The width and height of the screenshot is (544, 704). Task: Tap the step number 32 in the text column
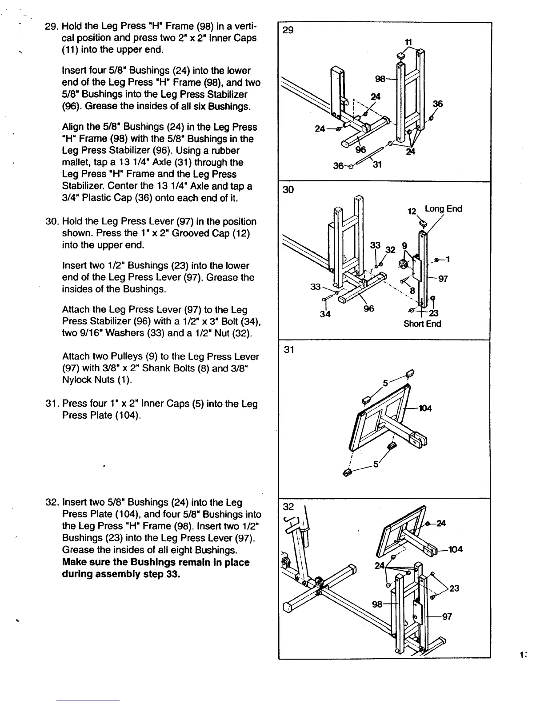click(52, 503)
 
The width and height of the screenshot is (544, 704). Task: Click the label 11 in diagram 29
click(407, 42)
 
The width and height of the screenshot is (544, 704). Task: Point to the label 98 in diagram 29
click(381, 79)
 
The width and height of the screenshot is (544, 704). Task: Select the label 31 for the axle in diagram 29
click(377, 165)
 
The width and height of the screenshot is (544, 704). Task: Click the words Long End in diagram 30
click(443, 209)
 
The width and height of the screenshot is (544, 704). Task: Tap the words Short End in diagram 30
click(422, 324)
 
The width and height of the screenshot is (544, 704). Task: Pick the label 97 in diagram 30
click(443, 279)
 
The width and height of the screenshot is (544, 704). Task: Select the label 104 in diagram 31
click(425, 408)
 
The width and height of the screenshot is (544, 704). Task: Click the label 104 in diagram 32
click(455, 549)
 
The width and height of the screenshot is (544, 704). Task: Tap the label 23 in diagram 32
click(454, 588)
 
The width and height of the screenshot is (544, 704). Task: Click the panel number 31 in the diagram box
click(289, 349)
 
